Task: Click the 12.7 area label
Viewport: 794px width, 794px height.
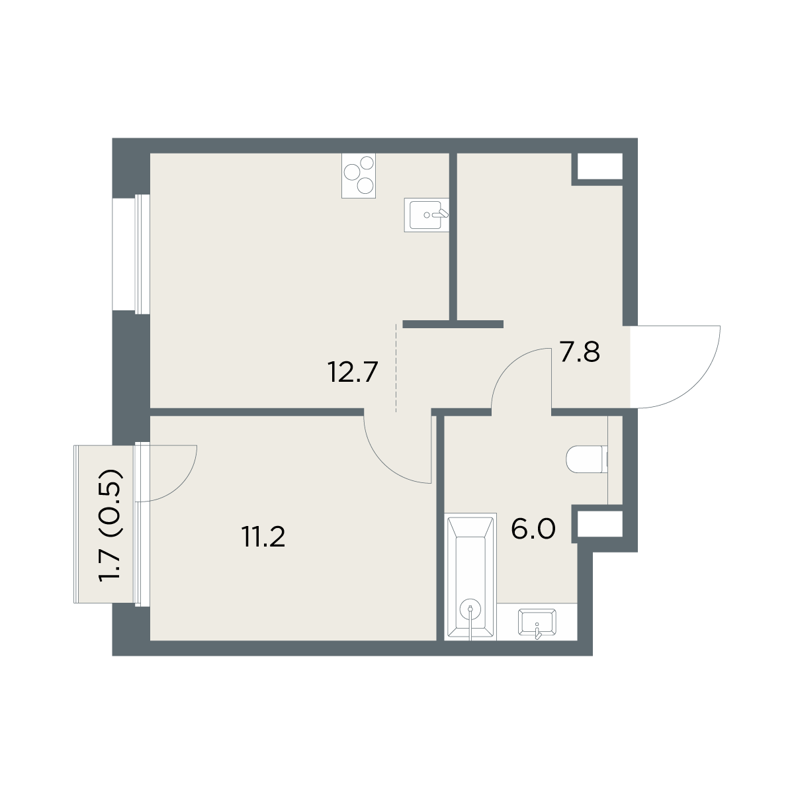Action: pyautogui.click(x=353, y=372)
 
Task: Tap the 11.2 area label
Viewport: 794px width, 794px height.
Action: pyautogui.click(x=264, y=537)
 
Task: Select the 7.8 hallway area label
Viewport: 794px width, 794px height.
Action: pyautogui.click(x=580, y=352)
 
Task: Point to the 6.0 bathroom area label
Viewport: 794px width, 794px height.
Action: pyautogui.click(x=533, y=529)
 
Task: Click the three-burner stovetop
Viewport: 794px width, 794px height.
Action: pyautogui.click(x=359, y=175)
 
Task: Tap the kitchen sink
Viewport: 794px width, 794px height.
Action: pyautogui.click(x=427, y=214)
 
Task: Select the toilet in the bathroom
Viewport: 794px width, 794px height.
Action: pyautogui.click(x=587, y=459)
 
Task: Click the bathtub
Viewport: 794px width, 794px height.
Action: pyautogui.click(x=470, y=577)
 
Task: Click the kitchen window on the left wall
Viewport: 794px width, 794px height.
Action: pyautogui.click(x=131, y=254)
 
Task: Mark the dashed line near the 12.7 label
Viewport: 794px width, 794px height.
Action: pyautogui.click(x=396, y=368)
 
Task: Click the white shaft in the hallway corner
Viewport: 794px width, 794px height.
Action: pyautogui.click(x=600, y=167)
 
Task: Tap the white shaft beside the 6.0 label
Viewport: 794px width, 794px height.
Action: pyautogui.click(x=600, y=524)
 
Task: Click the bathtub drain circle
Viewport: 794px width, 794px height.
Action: pyautogui.click(x=470, y=609)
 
